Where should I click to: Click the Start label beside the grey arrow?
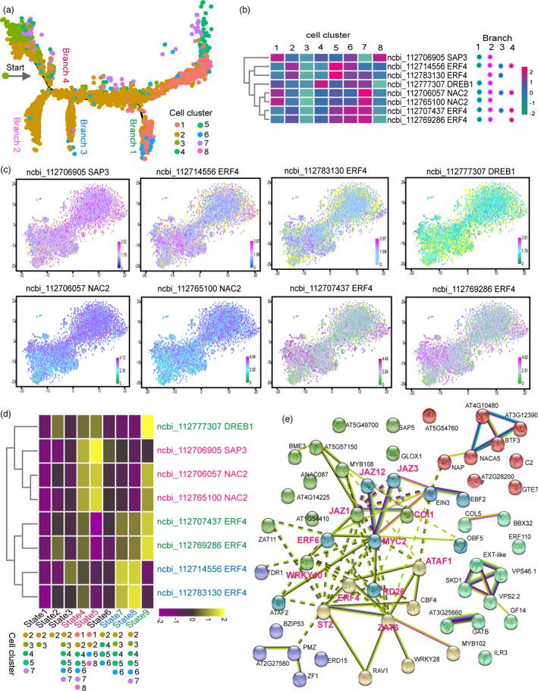pos(14,67)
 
